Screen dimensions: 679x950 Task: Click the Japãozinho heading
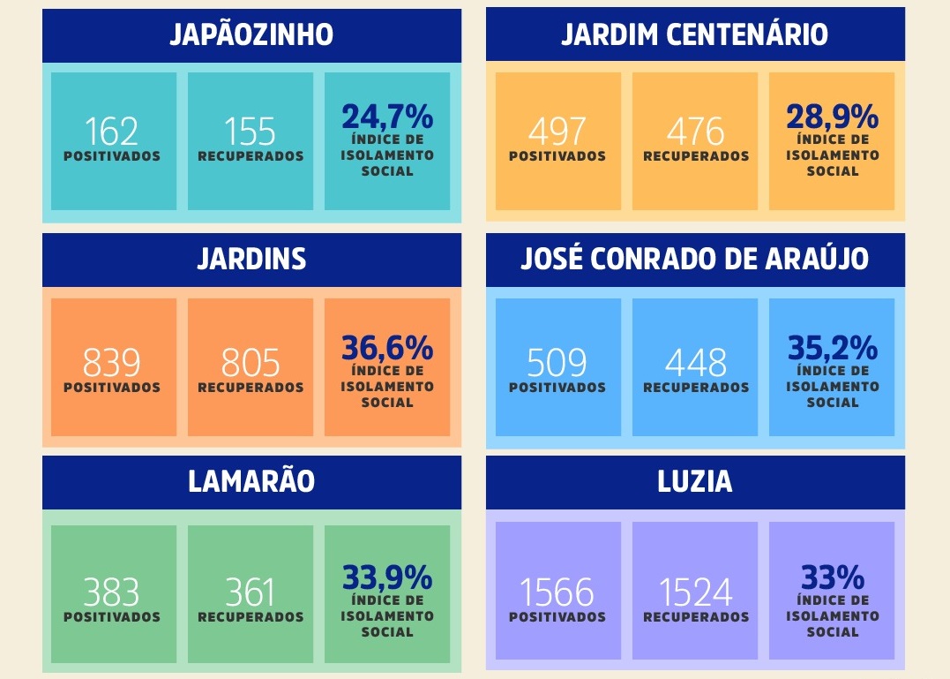pyautogui.click(x=251, y=35)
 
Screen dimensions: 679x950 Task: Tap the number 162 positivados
pyautogui.click(x=112, y=132)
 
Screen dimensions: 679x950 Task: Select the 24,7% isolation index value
pyautogui.click(x=387, y=117)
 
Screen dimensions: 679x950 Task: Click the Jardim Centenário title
pyautogui.click(x=695, y=35)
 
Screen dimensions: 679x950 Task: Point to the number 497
pyautogui.click(x=557, y=132)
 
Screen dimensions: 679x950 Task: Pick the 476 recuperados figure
pyautogui.click(x=695, y=132)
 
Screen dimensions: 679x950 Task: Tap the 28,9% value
pyautogui.click(x=833, y=117)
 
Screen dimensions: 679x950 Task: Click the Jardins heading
pyautogui.click(x=251, y=260)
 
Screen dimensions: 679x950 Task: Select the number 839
pyautogui.click(x=112, y=363)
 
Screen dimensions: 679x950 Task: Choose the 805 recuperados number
pyautogui.click(x=251, y=363)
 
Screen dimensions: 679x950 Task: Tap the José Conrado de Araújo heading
pyautogui.click(x=695, y=260)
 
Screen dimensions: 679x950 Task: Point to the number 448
pyautogui.click(x=695, y=363)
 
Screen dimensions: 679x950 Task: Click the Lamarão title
pyautogui.click(x=251, y=482)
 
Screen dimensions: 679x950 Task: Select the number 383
pyautogui.click(x=112, y=592)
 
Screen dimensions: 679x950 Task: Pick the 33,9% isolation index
pyautogui.click(x=387, y=578)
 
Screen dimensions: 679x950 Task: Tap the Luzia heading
pyautogui.click(x=695, y=482)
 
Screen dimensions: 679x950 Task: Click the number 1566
pyautogui.click(x=557, y=592)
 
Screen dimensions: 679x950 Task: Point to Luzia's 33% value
pyautogui.click(x=833, y=578)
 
